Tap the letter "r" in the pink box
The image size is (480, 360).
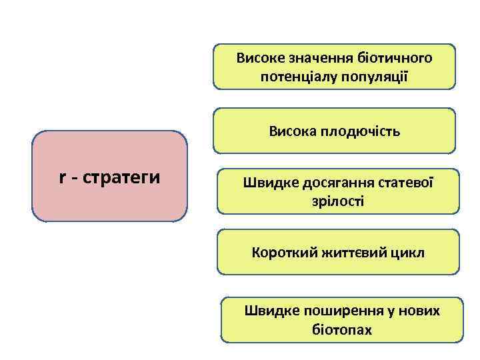coord(62,178)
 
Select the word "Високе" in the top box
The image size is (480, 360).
coord(257,58)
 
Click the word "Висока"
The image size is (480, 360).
coord(291,131)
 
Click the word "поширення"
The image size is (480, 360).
coord(336,311)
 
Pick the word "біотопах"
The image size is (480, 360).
coord(342,329)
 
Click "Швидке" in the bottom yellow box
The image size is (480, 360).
coord(267,311)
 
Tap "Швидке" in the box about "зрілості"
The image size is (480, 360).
coord(266,182)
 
